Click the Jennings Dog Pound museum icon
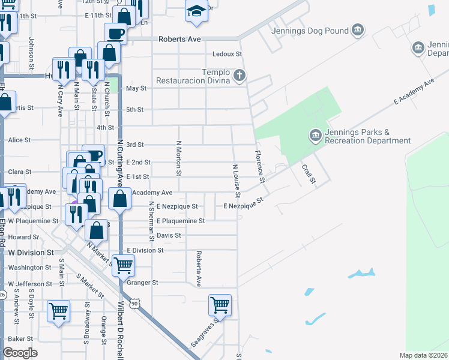tap(358, 29)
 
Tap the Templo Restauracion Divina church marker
tap(240, 76)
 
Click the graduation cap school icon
tap(196, 11)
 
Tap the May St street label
tap(136, 88)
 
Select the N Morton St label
tap(178, 158)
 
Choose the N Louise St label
tap(237, 181)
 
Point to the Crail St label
tap(309, 174)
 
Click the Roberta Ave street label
tap(198, 268)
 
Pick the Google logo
tap(20, 353)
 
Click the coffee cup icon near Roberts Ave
tap(115, 33)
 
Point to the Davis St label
tap(169, 235)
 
